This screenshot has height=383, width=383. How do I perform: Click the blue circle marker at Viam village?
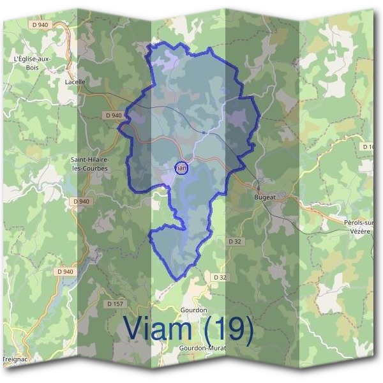point(181,168)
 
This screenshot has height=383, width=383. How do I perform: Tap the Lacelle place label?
point(75,82)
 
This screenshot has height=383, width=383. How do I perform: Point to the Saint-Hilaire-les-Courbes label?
point(89,164)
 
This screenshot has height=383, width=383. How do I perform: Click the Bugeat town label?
point(265,198)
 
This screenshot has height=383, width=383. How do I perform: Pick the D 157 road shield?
point(116,304)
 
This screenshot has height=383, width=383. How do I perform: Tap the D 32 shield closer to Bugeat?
point(236,241)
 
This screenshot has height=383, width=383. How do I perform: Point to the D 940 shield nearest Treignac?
point(64,271)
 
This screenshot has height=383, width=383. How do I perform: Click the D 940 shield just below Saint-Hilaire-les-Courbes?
point(82,201)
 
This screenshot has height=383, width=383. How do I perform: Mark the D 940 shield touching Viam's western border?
point(112,116)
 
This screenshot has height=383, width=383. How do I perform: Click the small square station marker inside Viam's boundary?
point(203,132)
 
